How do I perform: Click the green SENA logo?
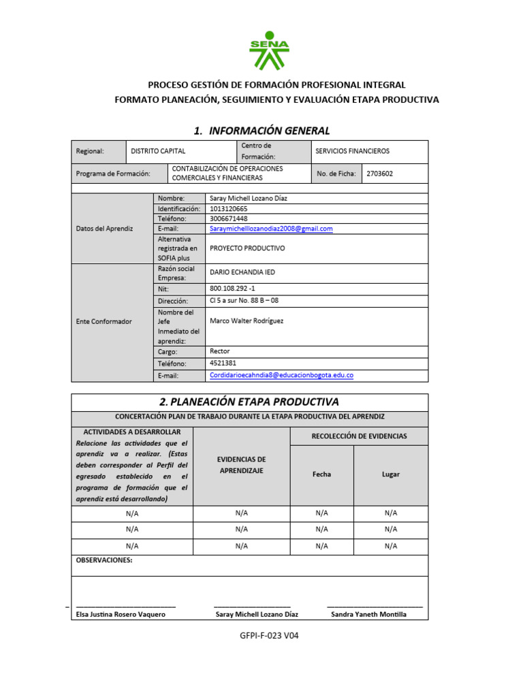[269, 52]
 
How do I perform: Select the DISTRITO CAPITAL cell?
[158, 151]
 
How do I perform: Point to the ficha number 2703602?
[379, 174]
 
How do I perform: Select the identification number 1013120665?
[229, 208]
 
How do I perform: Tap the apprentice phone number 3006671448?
[229, 218]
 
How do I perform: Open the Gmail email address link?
[271, 229]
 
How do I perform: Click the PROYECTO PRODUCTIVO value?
[247, 248]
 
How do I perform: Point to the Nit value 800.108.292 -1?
[232, 289]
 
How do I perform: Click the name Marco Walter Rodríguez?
[247, 321]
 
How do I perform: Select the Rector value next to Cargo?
[220, 351]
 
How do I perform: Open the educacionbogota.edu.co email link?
[281, 375]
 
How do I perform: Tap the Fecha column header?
[321, 474]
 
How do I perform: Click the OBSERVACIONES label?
[104, 560]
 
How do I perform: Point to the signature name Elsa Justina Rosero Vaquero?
[121, 614]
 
